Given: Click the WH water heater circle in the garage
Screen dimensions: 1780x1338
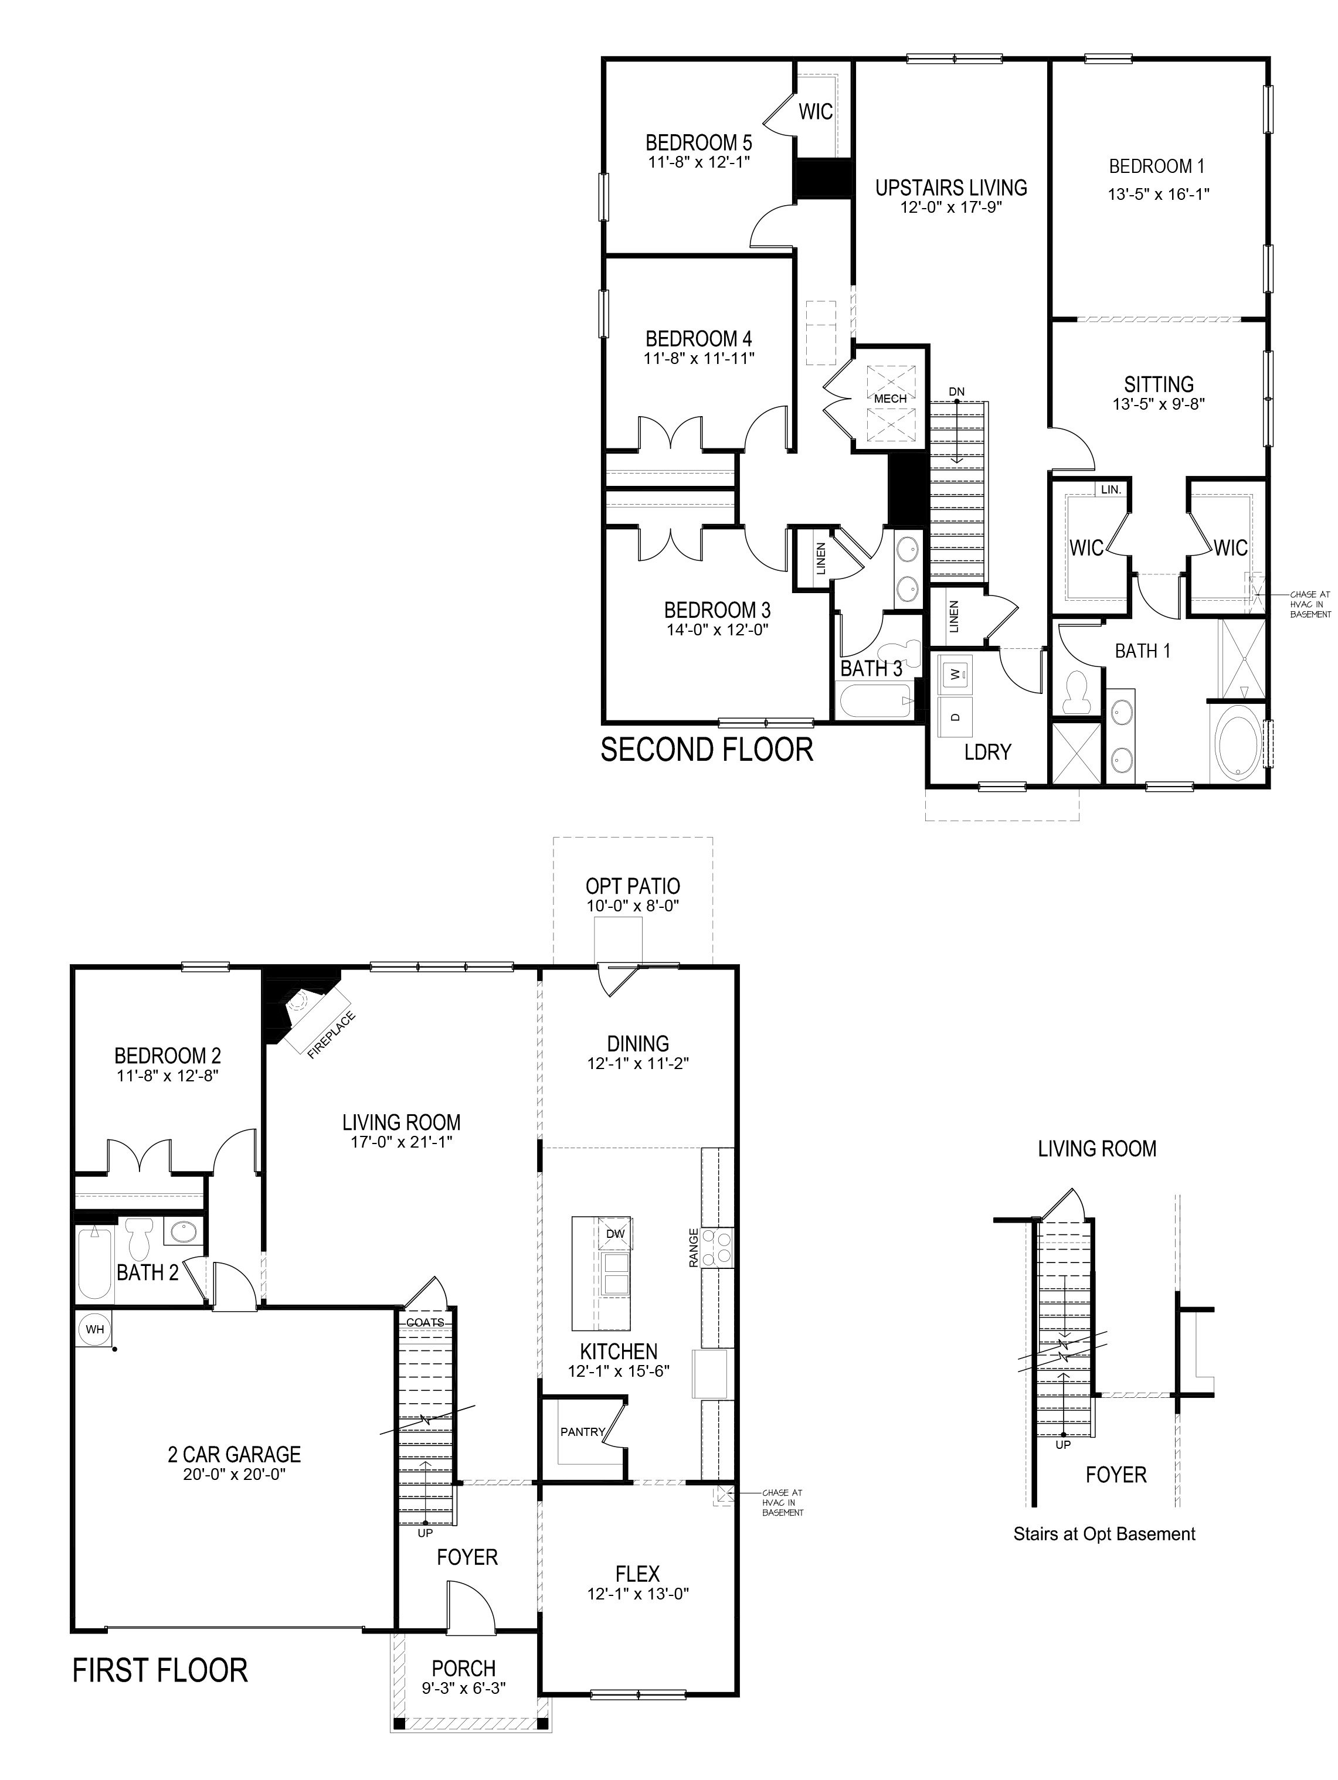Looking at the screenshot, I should click(x=95, y=1329).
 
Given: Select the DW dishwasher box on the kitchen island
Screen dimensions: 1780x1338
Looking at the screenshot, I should click(x=614, y=1234).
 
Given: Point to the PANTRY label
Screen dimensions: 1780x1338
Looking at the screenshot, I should click(x=582, y=1432).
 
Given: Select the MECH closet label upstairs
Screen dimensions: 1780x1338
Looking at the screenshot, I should click(x=891, y=399).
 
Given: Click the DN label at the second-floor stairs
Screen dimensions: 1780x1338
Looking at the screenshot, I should click(x=956, y=392).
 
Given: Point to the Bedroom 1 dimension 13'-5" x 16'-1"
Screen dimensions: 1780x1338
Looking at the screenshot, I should click(x=1157, y=194).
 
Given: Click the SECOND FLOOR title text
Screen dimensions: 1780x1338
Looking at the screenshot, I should click(x=707, y=749).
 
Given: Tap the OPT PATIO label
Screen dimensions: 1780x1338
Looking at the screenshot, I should click(x=633, y=886).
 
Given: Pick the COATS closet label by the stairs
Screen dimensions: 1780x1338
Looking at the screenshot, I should click(x=425, y=1322).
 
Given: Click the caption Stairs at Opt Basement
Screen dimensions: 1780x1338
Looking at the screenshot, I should click(x=1103, y=1534).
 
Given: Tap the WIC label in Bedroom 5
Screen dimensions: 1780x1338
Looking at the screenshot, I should click(x=815, y=112).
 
